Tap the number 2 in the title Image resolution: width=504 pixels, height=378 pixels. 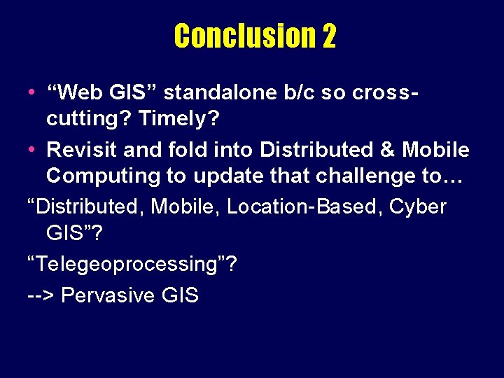329,36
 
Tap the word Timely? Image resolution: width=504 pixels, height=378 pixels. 179,119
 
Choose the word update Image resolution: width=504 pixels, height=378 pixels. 225,177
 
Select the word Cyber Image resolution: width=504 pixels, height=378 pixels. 419,207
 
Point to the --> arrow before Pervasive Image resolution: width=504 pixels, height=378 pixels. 41,295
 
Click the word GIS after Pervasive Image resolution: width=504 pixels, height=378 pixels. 179,295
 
